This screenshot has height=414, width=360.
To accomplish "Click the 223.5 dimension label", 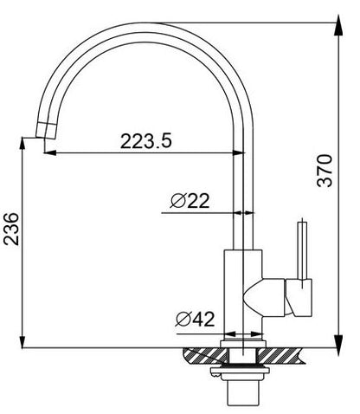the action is coord(145,141).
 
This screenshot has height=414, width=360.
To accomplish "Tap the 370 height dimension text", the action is coord(325,171).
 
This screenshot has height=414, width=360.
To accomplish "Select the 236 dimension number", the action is coord(11,230).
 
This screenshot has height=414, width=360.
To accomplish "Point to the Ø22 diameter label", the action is coord(190,201).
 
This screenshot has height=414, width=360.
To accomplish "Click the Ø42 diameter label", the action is coord(195,319).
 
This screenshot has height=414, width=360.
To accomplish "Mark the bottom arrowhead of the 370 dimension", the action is coord(338,341).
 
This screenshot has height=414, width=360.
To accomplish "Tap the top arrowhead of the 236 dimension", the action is coord(22,144).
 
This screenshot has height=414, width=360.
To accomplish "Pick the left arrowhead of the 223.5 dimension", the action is coord(50,152).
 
